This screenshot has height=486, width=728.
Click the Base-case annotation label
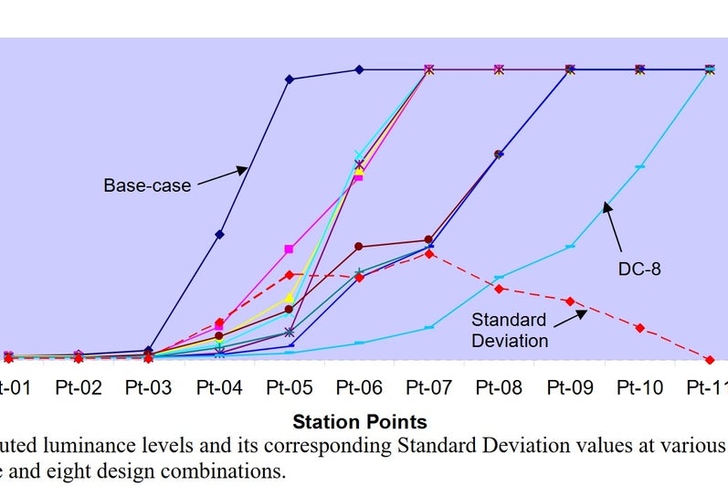pyautogui.click(x=147, y=185)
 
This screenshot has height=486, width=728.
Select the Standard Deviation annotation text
pyautogui.click(x=510, y=330)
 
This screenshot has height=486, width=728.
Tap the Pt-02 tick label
pyautogui.click(x=78, y=387)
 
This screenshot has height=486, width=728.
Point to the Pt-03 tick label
pyautogui.click(x=148, y=387)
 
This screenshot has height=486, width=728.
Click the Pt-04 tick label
pyautogui.click(x=219, y=387)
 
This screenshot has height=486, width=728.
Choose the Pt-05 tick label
pyautogui.click(x=290, y=387)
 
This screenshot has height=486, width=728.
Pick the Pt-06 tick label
pyautogui.click(x=359, y=387)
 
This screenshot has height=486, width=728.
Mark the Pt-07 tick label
pyautogui.click(x=429, y=387)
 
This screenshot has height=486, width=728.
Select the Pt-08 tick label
pyautogui.click(x=500, y=387)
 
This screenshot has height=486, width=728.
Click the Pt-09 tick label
pyautogui.click(x=570, y=387)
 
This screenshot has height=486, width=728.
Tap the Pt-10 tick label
pyautogui.click(x=639, y=387)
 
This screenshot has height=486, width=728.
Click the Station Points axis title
pyautogui.click(x=360, y=423)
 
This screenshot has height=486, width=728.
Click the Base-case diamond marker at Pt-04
pyautogui.click(x=219, y=235)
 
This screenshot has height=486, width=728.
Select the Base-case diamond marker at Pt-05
pyautogui.click(x=290, y=79)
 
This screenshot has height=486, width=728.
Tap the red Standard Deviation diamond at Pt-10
pyautogui.click(x=639, y=328)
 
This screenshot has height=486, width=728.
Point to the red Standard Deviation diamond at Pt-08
pyautogui.click(x=500, y=289)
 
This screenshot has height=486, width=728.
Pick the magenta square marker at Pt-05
pyautogui.click(x=290, y=248)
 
